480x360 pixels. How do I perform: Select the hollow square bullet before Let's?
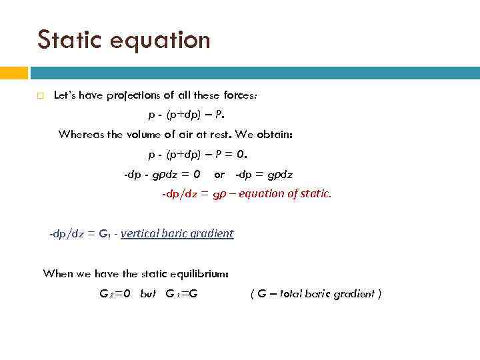point(40,96)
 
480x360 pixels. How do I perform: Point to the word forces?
point(239,95)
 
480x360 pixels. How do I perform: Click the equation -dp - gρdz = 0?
point(162,175)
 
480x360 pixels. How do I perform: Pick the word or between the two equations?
point(219,175)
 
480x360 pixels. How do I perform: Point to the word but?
point(148,294)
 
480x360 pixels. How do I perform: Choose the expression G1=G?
point(181,294)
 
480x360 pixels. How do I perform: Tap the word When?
point(57,273)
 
